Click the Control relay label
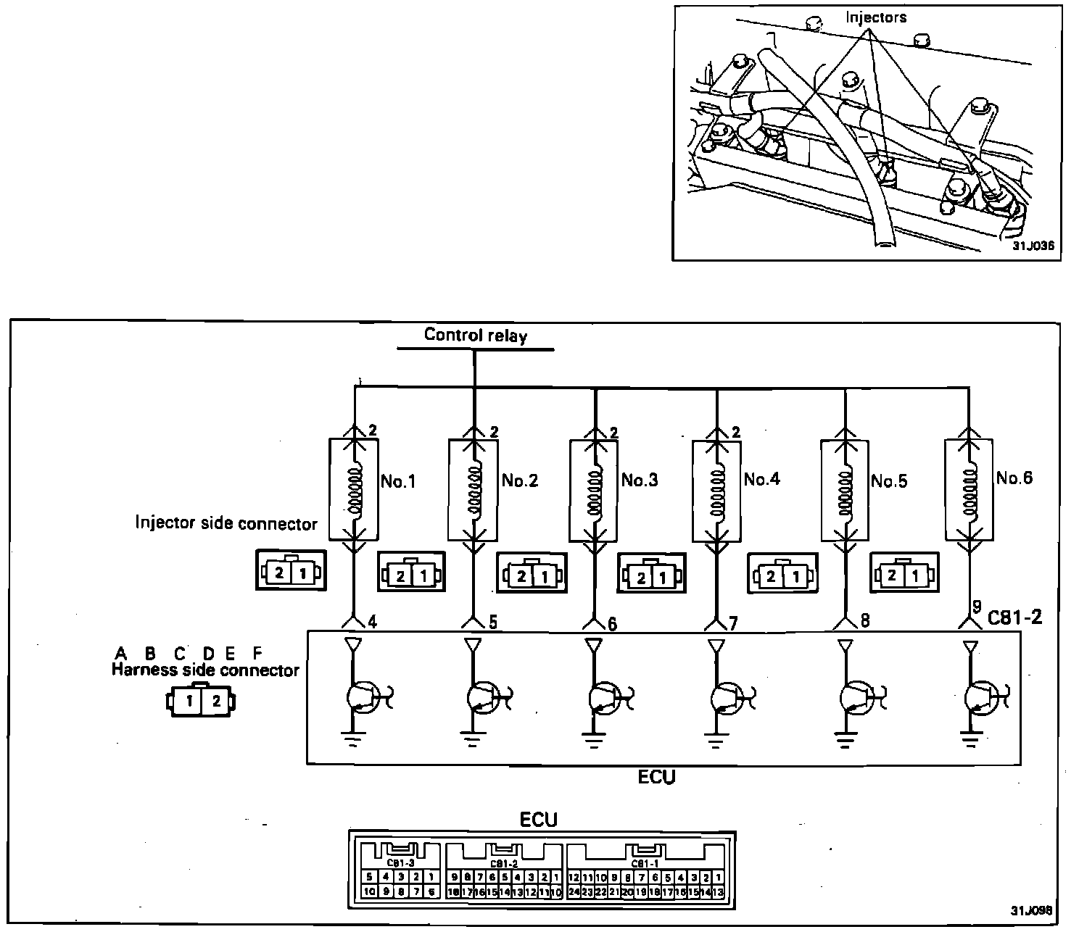point(476,335)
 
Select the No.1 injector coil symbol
point(355,488)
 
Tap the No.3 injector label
point(640,480)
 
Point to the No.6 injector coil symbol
point(970,488)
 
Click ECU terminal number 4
point(371,620)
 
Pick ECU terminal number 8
point(864,620)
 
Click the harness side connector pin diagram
point(202,702)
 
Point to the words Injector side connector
point(226,523)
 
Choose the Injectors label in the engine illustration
point(876,17)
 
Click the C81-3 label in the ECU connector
point(400,862)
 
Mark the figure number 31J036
point(1033,246)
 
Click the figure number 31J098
point(1033,910)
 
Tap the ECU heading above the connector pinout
point(539,820)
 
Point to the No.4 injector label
point(761,479)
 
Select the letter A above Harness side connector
point(121,652)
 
